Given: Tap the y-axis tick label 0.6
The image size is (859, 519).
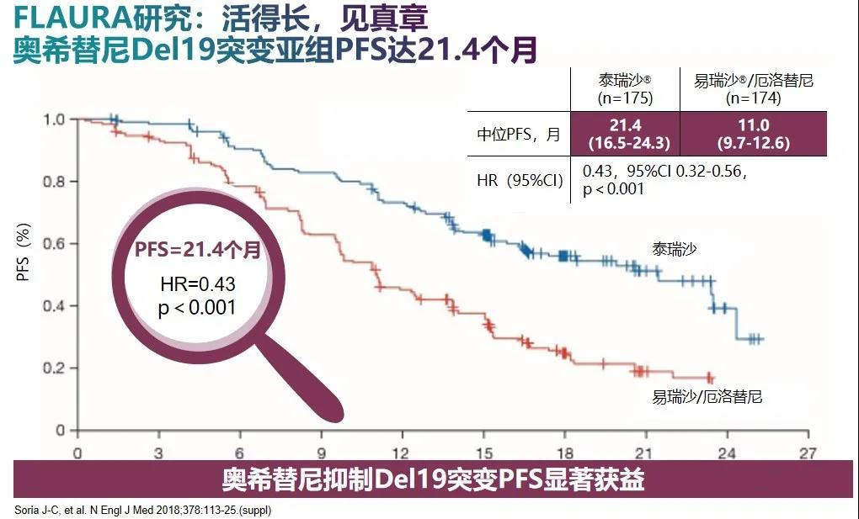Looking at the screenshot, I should tap(54, 244).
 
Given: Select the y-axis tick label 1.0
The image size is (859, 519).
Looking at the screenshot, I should tap(54, 119).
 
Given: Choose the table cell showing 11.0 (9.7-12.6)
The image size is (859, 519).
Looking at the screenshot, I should tap(753, 134).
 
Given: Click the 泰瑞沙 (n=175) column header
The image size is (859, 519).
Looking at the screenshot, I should tap(625, 88).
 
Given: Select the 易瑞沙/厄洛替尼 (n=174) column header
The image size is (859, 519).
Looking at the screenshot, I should tap(753, 88).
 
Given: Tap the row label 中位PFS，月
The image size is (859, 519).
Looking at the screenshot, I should tap(518, 135).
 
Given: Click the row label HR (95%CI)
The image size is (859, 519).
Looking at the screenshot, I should tap(518, 180).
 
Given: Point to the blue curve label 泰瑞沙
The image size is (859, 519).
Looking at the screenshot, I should tap(674, 249).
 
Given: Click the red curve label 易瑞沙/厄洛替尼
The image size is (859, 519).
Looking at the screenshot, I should tap(707, 396).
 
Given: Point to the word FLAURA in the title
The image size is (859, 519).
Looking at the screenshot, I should tap(51, 18).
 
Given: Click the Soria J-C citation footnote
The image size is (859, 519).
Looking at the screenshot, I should tap(143, 510).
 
